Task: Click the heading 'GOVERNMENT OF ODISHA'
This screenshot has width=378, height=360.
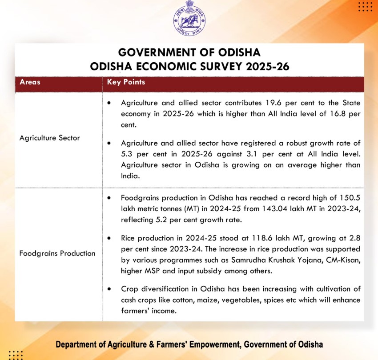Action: [189, 52]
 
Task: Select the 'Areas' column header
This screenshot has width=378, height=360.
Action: [30, 82]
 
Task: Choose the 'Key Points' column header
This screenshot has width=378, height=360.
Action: [126, 82]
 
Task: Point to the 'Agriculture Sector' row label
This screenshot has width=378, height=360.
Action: [50, 138]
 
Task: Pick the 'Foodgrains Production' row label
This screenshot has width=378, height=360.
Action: [57, 253]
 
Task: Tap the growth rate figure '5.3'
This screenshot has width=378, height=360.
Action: [127, 154]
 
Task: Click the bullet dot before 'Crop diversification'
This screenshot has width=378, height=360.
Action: [109, 289]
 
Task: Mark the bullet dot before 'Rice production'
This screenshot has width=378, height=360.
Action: [109, 238]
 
